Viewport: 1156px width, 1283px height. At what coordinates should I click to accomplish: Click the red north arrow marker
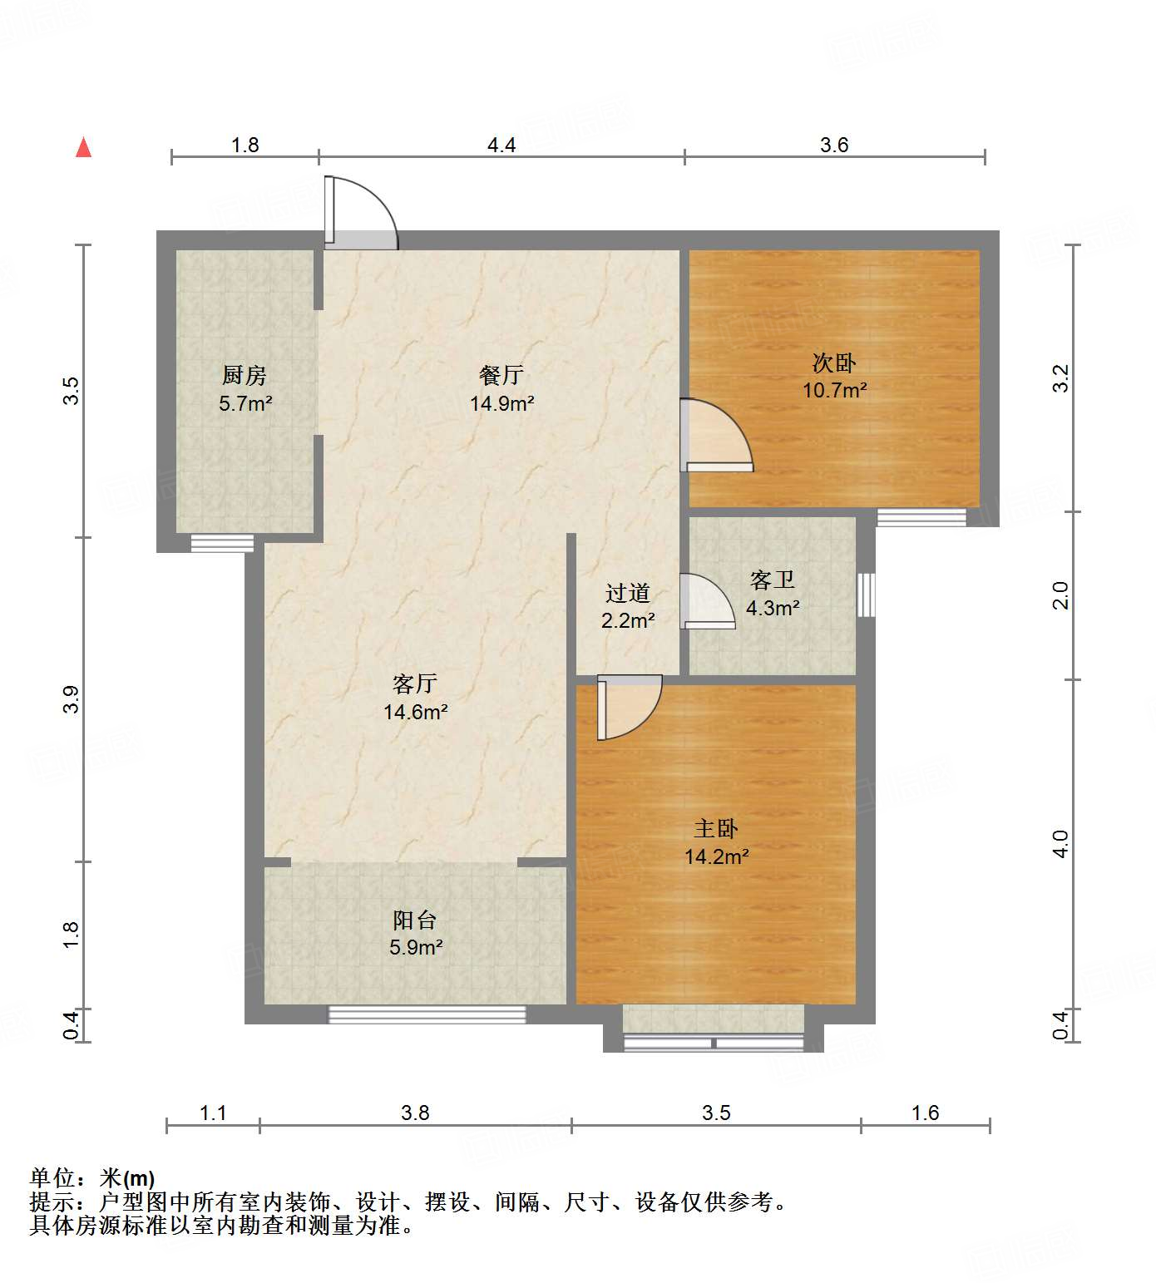click(x=83, y=147)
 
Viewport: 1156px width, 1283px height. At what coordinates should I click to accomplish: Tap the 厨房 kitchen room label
click(x=245, y=376)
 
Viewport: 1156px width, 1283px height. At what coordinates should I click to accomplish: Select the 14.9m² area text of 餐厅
click(x=501, y=404)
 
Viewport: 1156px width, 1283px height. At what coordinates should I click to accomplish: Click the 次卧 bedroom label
click(x=834, y=363)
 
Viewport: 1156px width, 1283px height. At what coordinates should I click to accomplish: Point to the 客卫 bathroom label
click(x=773, y=580)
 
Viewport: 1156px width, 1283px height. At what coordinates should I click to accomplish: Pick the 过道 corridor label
click(x=627, y=593)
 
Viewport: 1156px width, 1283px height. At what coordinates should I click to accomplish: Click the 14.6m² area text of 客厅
click(x=415, y=713)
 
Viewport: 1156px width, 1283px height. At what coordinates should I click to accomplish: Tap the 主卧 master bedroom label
click(x=716, y=828)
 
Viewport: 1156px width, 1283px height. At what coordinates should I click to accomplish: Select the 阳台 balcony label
click(x=415, y=920)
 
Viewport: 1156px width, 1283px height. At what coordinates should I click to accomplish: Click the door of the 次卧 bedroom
click(x=715, y=437)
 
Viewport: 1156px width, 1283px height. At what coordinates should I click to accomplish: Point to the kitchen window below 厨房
click(x=222, y=544)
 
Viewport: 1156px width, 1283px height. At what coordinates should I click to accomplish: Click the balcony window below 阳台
click(x=427, y=1014)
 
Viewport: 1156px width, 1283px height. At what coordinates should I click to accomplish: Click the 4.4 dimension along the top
click(x=501, y=146)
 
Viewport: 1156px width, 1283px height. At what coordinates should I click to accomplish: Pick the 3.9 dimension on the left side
click(x=71, y=698)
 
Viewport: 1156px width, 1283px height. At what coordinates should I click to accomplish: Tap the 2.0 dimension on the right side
click(x=1060, y=595)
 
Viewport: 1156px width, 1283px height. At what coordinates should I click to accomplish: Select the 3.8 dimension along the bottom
click(x=415, y=1113)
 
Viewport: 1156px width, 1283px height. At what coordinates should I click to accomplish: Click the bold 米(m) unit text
click(x=127, y=1178)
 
